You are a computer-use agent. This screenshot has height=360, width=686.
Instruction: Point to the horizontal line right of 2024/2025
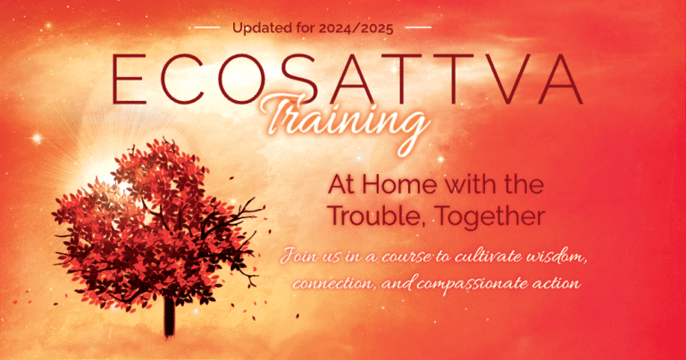[x=419, y=28]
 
